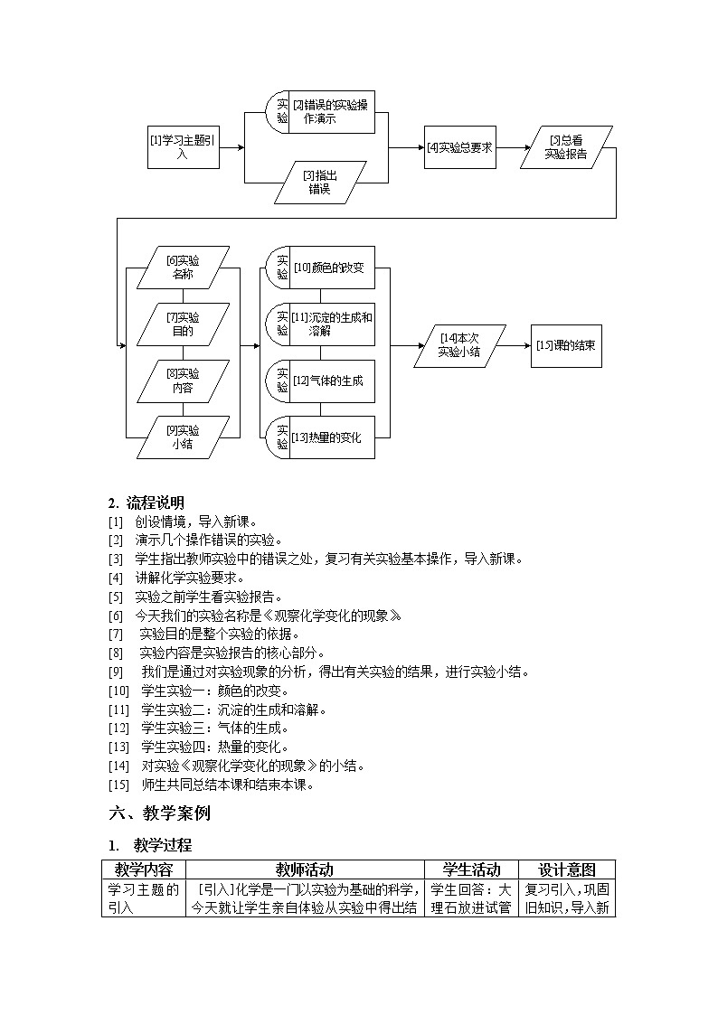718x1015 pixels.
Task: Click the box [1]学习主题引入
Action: [x=183, y=146]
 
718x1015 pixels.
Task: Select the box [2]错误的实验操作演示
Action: [x=331, y=111]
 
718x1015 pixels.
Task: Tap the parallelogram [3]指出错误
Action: [x=321, y=183]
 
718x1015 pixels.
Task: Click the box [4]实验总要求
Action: [x=459, y=147]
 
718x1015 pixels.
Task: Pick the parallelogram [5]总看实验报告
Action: [x=566, y=147]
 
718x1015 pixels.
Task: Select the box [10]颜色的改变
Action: [x=331, y=268]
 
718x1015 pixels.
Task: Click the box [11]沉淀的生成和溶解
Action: [x=331, y=324]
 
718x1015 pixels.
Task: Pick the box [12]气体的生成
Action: [x=331, y=381]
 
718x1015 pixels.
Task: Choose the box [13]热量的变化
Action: [x=331, y=438]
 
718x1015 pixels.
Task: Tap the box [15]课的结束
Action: [x=565, y=345]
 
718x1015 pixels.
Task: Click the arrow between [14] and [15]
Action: [x=513, y=345]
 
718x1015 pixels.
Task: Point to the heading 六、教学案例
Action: [x=159, y=813]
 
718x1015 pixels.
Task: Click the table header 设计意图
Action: [x=567, y=869]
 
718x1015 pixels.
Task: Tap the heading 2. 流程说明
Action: [x=146, y=503]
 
